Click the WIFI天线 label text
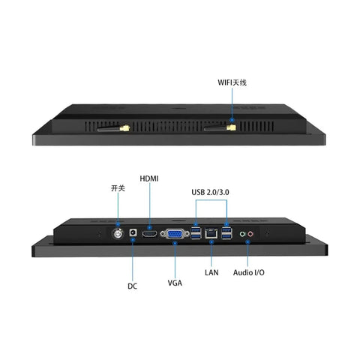232,82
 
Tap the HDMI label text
149,178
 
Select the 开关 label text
118,188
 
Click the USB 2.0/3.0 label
210,192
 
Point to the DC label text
132,286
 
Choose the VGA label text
175,283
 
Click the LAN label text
211,272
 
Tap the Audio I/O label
248,272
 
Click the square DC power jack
133,232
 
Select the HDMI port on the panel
149,234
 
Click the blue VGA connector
175,234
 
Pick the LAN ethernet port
211,233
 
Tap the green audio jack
242,234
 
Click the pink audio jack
250,234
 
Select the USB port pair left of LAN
196,233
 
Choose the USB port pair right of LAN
226,233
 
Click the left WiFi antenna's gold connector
124,128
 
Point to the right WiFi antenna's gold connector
231,128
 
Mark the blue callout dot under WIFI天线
232,120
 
